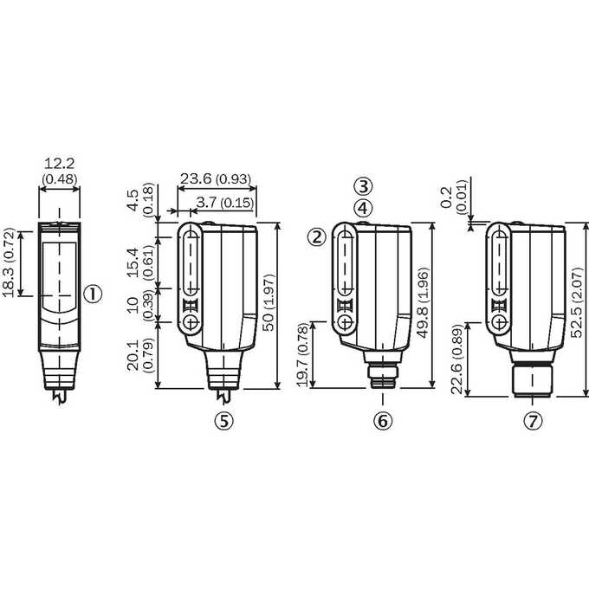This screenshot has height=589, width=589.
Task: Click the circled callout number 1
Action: [x=93, y=294]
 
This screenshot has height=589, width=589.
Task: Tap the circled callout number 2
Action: [x=317, y=237]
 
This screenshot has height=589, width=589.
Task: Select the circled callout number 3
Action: [x=363, y=186]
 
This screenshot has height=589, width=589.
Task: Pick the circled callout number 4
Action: [x=363, y=208]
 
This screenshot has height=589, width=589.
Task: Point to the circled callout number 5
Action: [x=223, y=421]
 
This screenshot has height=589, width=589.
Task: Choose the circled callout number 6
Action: [x=383, y=421]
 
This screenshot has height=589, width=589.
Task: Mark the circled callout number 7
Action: [x=534, y=421]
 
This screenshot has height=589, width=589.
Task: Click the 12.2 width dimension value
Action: [x=60, y=164]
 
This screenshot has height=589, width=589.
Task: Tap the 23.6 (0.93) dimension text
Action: [x=216, y=178]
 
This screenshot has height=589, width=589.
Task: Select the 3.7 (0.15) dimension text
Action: [x=224, y=203]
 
